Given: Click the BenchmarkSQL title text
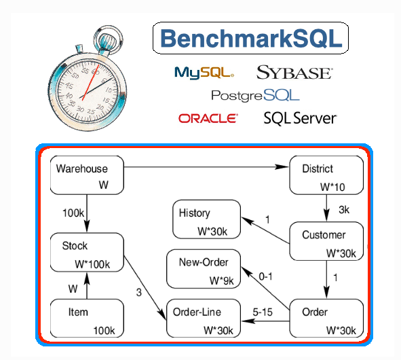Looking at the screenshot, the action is [251, 39].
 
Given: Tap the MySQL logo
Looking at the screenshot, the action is [204, 73].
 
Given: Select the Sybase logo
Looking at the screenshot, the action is [294, 73].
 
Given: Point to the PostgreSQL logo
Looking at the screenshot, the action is [255, 96].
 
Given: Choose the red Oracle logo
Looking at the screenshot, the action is [208, 118].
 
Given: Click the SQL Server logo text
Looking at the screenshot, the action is [300, 118].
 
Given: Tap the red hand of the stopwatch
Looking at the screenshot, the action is [90, 82].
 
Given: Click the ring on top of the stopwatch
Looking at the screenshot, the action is [108, 39].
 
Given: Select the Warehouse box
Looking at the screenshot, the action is [87, 175].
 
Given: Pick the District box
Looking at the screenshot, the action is [326, 175].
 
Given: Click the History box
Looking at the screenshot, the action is [207, 219].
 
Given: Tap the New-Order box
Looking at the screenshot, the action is [204, 269].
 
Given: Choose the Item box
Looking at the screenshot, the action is [87, 319].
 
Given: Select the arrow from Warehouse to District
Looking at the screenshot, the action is [206, 167].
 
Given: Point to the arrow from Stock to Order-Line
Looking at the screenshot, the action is [145, 288].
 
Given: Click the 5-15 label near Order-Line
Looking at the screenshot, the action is [263, 312].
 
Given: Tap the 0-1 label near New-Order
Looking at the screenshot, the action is [265, 276].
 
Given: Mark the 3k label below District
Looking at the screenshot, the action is [344, 210].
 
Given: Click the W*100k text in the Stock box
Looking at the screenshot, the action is [92, 264].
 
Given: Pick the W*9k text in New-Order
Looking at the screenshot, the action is [221, 281].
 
